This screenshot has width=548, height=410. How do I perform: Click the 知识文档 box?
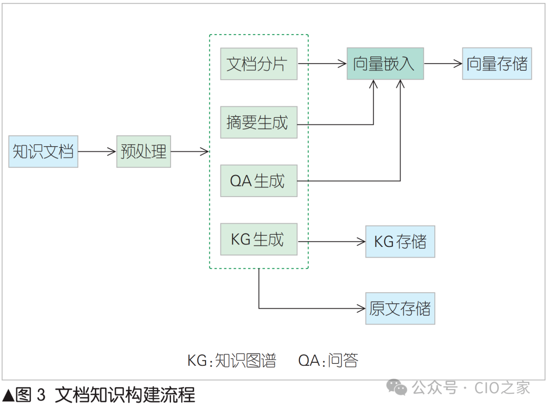[43, 151]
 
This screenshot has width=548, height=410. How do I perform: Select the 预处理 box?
[144, 151]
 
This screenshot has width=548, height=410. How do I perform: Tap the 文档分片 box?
[259, 64]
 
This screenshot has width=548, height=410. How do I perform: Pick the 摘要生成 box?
[259, 122]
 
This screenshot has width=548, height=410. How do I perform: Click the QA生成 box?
[259, 181]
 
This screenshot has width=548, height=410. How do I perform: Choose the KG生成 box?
[259, 239]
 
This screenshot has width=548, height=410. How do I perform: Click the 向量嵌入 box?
[385, 64]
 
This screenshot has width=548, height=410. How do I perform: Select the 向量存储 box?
[497, 64]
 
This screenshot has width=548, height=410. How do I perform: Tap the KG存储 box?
[400, 242]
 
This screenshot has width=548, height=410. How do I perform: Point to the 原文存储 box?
[400, 308]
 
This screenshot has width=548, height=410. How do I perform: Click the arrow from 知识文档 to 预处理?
[97, 151]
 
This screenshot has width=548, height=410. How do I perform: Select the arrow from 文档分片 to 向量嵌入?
[322, 64]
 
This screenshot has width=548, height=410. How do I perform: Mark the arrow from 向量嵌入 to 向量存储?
[443, 64]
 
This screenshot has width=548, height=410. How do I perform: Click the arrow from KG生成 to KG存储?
[331, 242]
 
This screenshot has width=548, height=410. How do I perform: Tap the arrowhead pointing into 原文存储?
[361, 308]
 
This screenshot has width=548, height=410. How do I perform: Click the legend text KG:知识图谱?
[232, 360]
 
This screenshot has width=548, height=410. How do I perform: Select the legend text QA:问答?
[328, 360]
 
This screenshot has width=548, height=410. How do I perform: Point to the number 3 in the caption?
[41, 395]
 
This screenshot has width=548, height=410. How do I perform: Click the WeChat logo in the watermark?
[396, 387]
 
